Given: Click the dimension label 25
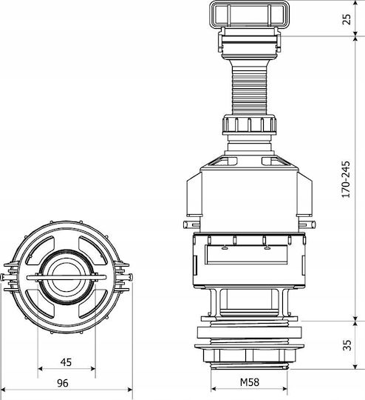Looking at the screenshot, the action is (x=347, y=19).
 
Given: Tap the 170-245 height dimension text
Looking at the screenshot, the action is (x=346, y=179).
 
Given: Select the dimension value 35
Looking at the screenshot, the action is (x=347, y=344).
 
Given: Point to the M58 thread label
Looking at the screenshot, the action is (x=250, y=382).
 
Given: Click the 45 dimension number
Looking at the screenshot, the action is (x=66, y=362).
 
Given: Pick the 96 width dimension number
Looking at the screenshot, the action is (x=63, y=383).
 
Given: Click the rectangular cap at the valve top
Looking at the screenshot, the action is (x=250, y=13).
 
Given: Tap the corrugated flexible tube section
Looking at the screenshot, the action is (x=250, y=87).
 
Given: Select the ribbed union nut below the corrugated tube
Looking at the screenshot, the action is (x=250, y=124).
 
